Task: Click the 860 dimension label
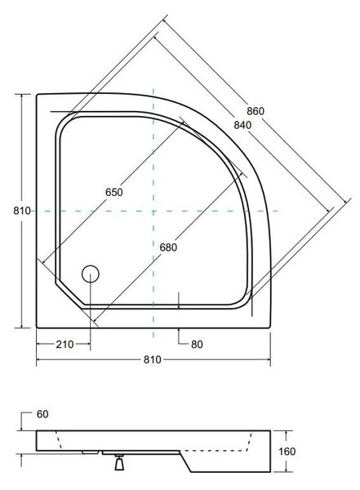(x=256, y=111)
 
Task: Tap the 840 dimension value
(x=242, y=125)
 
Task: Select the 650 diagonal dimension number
(x=114, y=192)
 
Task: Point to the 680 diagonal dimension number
(x=168, y=247)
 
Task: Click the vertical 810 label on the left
(x=22, y=211)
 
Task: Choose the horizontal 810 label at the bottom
(x=153, y=359)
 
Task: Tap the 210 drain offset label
(x=65, y=345)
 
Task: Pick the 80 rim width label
(x=197, y=345)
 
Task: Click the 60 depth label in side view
(x=42, y=414)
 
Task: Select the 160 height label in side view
(x=287, y=452)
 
